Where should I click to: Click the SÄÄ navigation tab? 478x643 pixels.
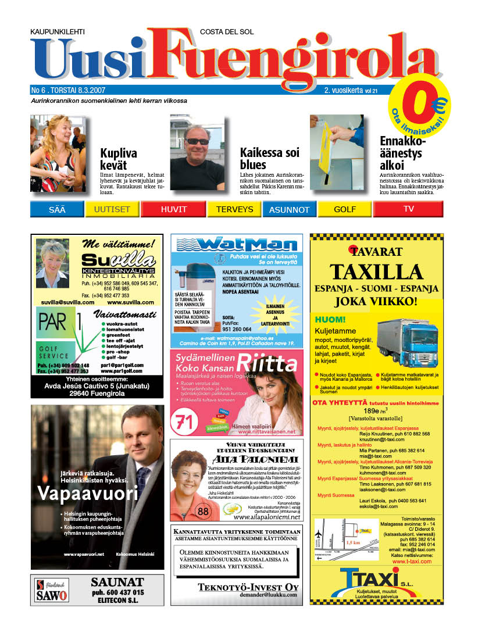58,209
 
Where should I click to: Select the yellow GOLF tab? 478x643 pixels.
345,209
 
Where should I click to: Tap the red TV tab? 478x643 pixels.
408,209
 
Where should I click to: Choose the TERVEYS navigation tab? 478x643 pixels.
234,209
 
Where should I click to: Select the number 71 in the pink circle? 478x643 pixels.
184,422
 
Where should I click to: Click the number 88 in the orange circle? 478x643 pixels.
203,512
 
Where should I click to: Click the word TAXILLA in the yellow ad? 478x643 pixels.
375,272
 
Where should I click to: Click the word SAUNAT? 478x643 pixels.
117,582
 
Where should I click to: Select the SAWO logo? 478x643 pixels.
51,590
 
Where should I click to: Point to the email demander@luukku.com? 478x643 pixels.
267,595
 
